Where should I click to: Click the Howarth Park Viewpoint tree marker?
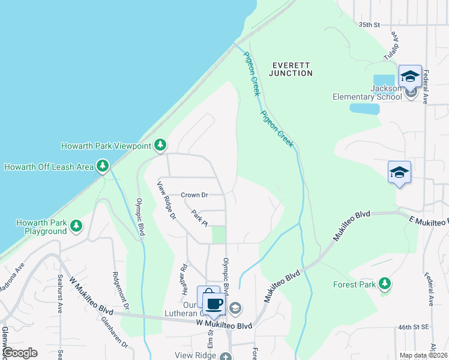(160, 145)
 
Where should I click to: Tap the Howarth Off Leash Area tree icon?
(103, 166)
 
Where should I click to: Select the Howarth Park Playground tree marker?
(76, 226)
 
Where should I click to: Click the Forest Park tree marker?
(385, 283)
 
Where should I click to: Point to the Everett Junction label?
(292, 69)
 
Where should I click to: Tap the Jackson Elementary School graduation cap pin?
(410, 76)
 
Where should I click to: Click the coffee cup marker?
(214, 302)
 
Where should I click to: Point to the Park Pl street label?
(199, 217)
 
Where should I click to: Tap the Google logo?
(19, 352)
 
